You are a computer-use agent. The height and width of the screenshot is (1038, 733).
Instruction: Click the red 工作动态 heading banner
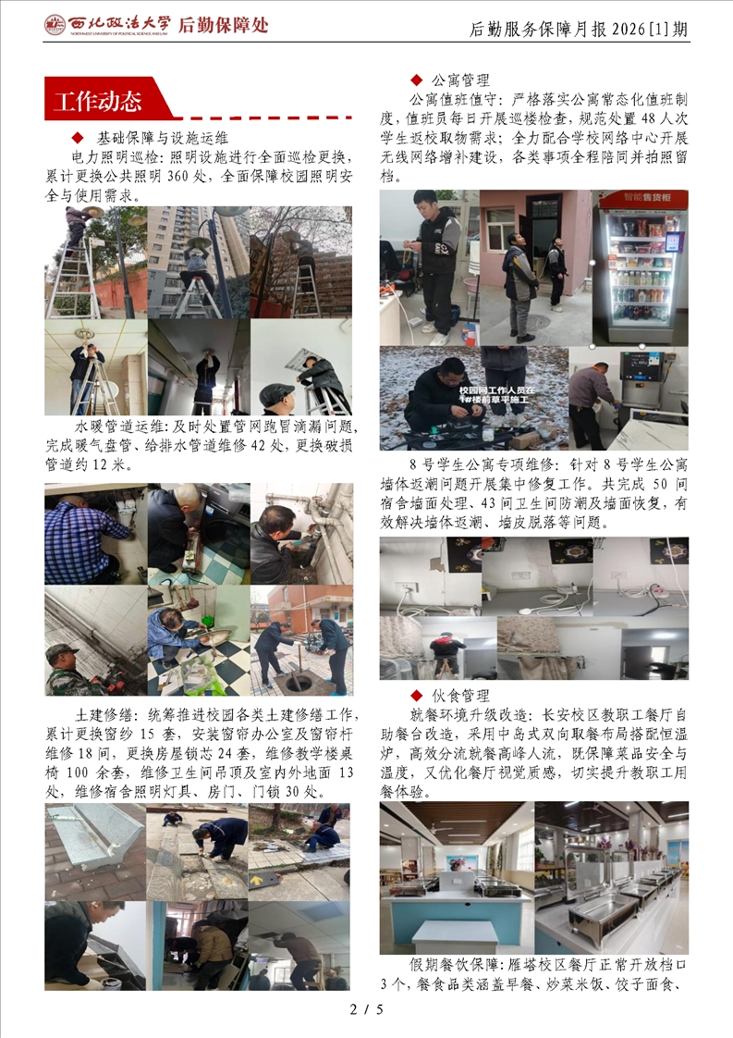point(106,99)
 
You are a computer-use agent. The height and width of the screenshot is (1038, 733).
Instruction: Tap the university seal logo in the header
point(55,25)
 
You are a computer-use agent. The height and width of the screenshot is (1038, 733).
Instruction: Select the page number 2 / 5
point(366,1009)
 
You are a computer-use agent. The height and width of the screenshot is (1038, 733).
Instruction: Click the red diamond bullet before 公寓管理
point(416,80)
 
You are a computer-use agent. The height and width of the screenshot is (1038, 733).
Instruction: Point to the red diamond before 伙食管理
point(416,695)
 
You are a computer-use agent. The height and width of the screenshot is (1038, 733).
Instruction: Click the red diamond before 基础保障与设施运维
point(78,138)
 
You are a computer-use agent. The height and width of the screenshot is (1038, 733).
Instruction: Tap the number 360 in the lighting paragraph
point(178,177)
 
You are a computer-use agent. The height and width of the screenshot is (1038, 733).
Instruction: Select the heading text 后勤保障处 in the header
point(224,25)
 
